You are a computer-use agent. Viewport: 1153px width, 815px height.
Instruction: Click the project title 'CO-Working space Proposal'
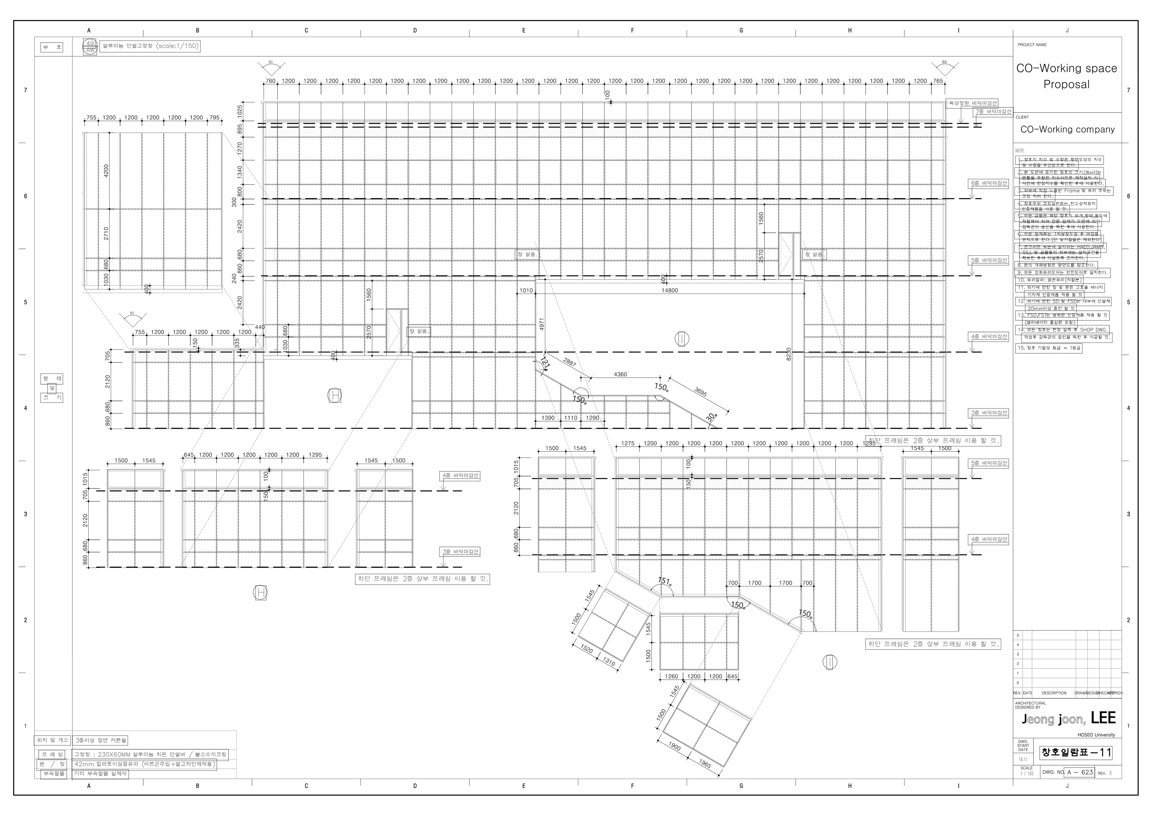pyautogui.click(x=1066, y=76)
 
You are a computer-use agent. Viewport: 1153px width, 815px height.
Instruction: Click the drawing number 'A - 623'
pyautogui.click(x=1080, y=772)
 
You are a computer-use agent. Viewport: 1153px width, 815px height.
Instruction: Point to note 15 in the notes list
pyautogui.click(x=1049, y=348)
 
